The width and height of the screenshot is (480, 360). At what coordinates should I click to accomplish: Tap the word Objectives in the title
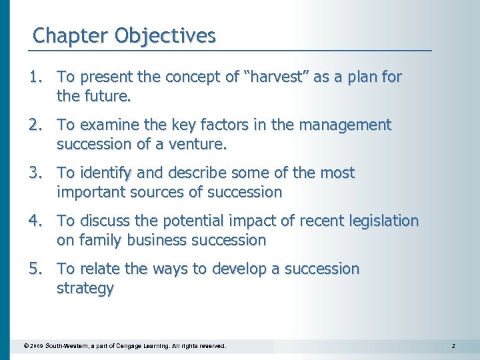[165, 35]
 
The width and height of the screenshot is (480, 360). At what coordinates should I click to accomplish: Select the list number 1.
[35, 77]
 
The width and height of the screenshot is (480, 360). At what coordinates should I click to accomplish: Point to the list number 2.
[35, 125]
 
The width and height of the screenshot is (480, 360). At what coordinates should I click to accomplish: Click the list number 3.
[35, 173]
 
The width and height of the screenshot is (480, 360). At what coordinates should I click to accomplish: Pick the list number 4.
[35, 221]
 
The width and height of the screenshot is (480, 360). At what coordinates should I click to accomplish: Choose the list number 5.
[35, 269]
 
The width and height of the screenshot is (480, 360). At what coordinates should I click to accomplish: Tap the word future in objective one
[107, 97]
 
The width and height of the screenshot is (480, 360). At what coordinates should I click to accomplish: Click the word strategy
[85, 289]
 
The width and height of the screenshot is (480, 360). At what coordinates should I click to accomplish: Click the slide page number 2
[453, 347]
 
